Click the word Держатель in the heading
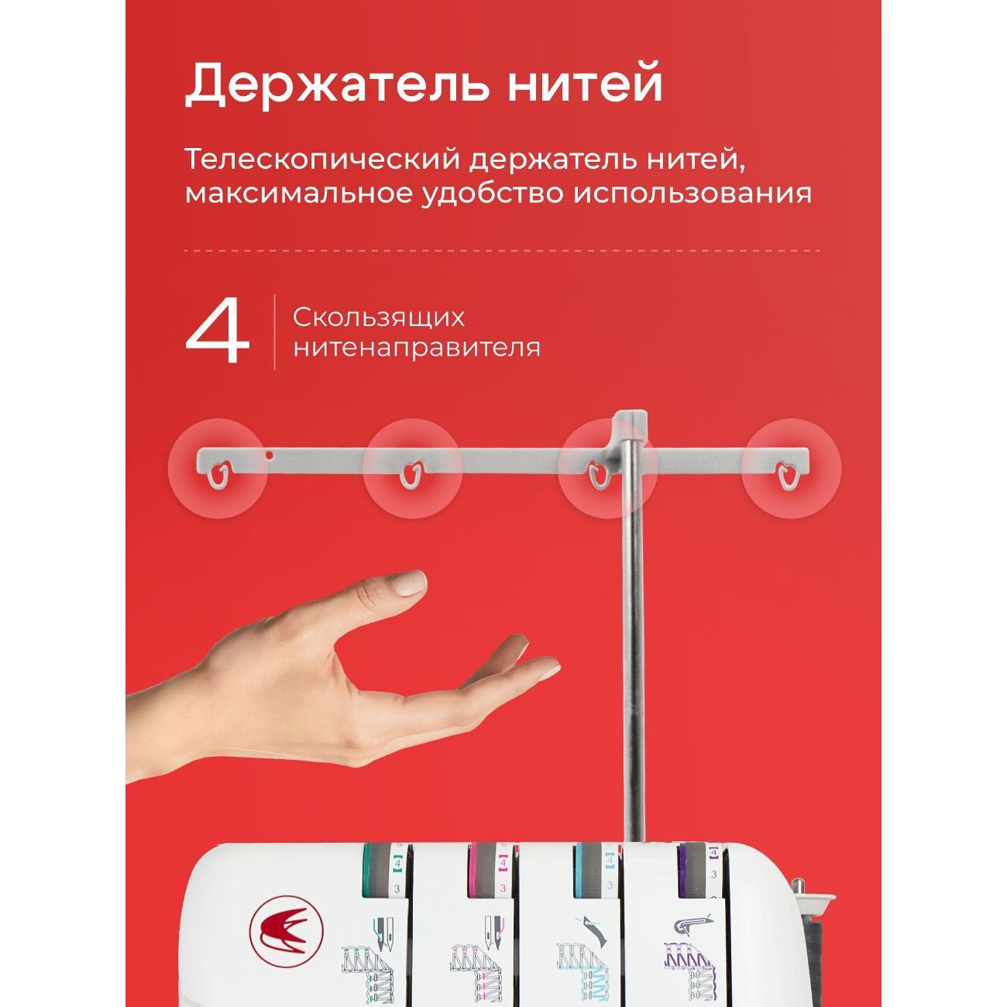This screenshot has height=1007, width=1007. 337,84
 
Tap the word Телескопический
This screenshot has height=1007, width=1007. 322,160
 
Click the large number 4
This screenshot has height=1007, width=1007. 218,332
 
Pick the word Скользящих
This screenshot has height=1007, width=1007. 378,318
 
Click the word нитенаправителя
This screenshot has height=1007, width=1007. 417,348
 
